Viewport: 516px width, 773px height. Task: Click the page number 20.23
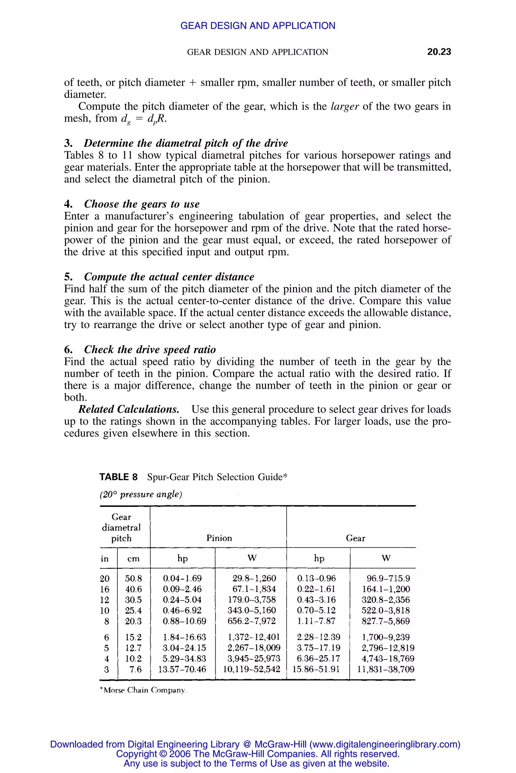click(x=439, y=52)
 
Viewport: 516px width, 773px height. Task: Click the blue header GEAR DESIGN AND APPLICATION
click(x=258, y=26)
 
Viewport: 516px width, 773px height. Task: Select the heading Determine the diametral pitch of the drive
click(x=186, y=143)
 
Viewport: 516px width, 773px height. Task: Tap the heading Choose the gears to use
click(x=142, y=204)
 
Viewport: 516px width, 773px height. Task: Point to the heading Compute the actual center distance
click(x=169, y=277)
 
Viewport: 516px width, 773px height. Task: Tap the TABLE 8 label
click(x=118, y=477)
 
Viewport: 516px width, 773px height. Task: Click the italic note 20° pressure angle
click(x=141, y=494)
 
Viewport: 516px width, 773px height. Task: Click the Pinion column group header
click(x=219, y=538)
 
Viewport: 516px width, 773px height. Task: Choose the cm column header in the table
click(x=133, y=558)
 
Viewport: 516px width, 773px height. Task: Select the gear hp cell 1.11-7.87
click(x=316, y=621)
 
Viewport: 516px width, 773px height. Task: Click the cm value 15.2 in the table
click(x=133, y=637)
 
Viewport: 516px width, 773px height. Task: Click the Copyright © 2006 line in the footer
click(x=258, y=754)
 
